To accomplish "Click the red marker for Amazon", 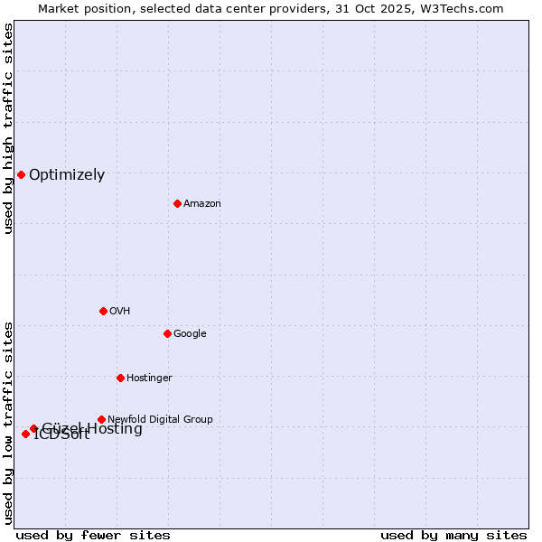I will pos(177,203).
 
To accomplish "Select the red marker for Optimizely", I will pos(21,174).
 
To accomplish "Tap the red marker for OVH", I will pos(103,311).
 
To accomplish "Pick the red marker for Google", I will pos(167,333).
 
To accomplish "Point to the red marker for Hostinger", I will pos(120,378).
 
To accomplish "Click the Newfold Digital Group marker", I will pos(101,419).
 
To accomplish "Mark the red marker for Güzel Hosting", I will pos(33,428).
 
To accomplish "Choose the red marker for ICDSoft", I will pos(25,434).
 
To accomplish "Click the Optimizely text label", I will pos(67,175).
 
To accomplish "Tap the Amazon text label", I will pos(201,203).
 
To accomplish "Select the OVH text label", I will pos(119,311).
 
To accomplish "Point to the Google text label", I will pos(190,333).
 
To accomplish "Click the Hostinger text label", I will pos(149,378).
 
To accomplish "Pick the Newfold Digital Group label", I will pos(160,419).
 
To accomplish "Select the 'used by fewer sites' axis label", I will pos(93,535).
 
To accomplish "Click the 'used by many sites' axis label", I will pos(453,535).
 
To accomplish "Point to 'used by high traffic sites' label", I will pos(8,128).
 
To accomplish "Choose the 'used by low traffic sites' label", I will pos(8,422).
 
